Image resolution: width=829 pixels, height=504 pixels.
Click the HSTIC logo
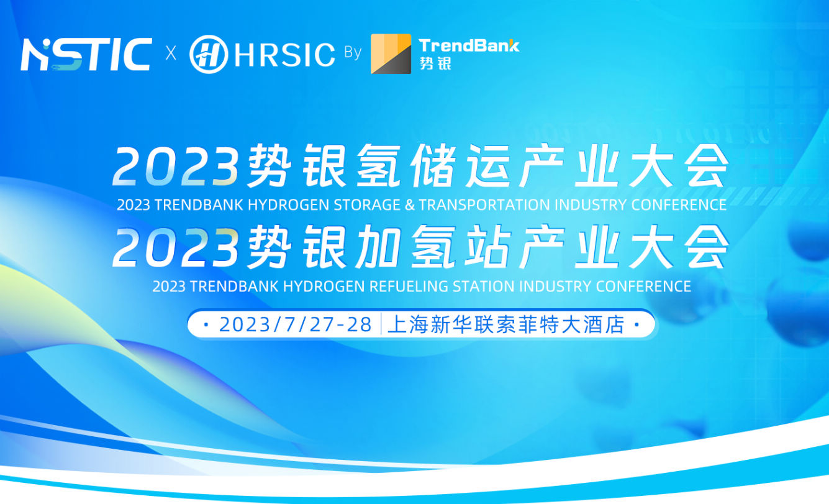pyautogui.click(x=86, y=54)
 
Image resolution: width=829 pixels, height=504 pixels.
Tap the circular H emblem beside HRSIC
pyautogui.click(x=209, y=54)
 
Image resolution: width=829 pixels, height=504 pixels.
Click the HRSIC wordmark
pyautogui.click(x=285, y=55)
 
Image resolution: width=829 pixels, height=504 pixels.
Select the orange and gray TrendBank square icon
pyautogui.click(x=391, y=54)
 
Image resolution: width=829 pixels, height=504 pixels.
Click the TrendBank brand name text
pyautogui.click(x=469, y=45)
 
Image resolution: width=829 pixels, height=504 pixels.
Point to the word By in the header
pyautogui.click(x=353, y=53)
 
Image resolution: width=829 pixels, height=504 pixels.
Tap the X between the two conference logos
pyautogui.click(x=171, y=53)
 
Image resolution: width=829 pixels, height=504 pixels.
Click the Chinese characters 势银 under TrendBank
pyautogui.click(x=435, y=63)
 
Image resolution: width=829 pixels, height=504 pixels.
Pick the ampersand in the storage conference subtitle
pyautogui.click(x=410, y=205)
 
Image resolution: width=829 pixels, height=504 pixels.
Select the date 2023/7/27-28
pyautogui.click(x=296, y=324)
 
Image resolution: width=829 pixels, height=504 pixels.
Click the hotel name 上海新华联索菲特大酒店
pyautogui.click(x=506, y=324)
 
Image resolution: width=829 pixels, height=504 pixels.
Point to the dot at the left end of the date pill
pyautogui.click(x=206, y=325)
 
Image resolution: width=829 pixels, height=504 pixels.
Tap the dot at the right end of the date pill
pyautogui.click(x=637, y=325)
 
